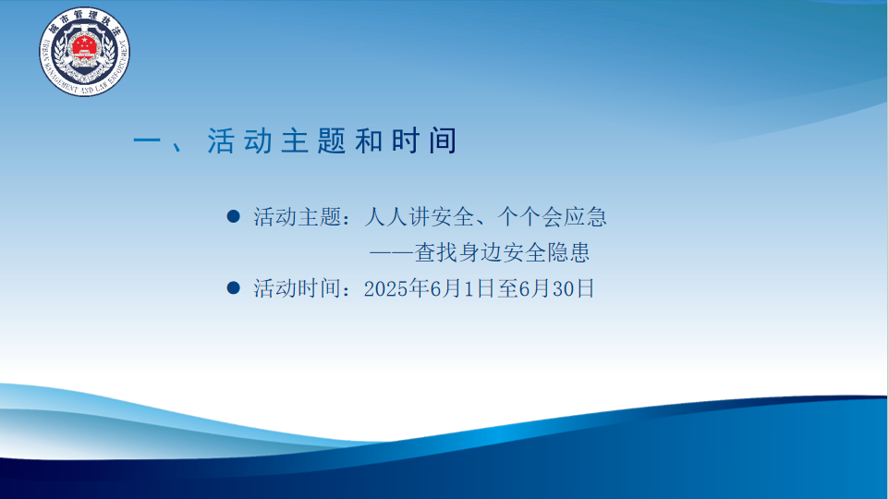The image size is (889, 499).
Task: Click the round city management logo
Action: (x=84, y=52)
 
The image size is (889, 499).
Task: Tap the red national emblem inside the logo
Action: (x=84, y=45)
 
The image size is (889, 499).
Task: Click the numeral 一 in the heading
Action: (x=147, y=141)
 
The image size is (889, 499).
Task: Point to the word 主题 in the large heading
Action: (x=313, y=141)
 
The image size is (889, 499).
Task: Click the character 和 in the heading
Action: (x=369, y=141)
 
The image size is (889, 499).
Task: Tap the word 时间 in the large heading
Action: (x=424, y=141)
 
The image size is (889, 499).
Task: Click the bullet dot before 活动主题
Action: (x=233, y=216)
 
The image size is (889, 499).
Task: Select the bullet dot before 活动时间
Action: (x=233, y=287)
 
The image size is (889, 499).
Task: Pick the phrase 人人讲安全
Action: (x=419, y=216)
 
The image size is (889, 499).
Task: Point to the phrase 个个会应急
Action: (x=553, y=216)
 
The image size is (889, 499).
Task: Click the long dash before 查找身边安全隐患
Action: (x=392, y=253)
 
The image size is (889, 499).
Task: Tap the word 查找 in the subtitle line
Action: (x=436, y=252)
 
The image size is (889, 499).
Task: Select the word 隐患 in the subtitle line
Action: (x=568, y=252)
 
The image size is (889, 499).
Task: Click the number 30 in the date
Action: (x=564, y=288)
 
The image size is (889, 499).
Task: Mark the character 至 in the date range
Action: (x=508, y=288)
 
